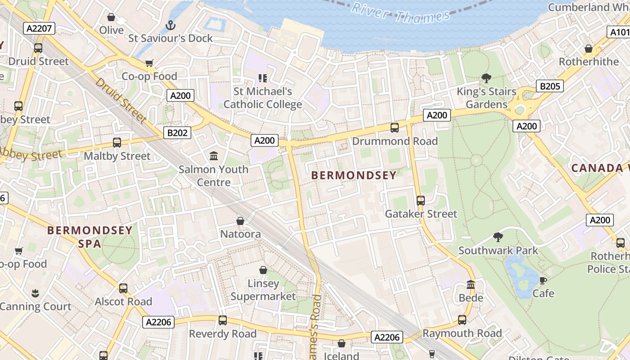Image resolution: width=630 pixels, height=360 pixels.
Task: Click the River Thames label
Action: point(400,13)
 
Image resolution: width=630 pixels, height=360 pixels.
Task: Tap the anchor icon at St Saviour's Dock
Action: point(170,25)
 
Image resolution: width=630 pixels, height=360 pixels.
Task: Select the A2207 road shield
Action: point(40,29)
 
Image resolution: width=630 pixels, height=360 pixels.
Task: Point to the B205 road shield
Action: point(550,86)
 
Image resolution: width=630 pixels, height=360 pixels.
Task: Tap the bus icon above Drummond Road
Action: point(395,128)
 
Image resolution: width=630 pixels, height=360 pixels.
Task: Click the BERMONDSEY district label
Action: point(354,175)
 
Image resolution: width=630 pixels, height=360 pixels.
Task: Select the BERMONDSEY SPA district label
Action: point(90,237)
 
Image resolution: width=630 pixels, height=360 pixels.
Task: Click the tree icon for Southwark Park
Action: point(498,237)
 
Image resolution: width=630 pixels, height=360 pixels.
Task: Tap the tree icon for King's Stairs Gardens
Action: point(486,78)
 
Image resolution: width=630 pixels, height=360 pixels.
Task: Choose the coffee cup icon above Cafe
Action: point(543,280)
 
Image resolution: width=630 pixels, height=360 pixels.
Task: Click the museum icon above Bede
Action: point(471,284)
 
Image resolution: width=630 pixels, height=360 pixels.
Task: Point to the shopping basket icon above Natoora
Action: point(240,221)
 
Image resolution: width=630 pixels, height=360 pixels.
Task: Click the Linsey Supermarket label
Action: point(263,290)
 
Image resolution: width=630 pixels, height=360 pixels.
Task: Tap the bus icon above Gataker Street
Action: point(421,200)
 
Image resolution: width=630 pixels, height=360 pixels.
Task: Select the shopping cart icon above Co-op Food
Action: point(149,63)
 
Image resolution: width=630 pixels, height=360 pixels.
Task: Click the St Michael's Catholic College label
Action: point(263,98)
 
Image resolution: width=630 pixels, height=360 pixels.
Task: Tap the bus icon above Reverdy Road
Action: point(223,320)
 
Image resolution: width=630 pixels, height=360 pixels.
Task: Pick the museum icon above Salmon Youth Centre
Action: point(214,156)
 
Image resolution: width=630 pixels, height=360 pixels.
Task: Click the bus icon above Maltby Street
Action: point(117,143)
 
